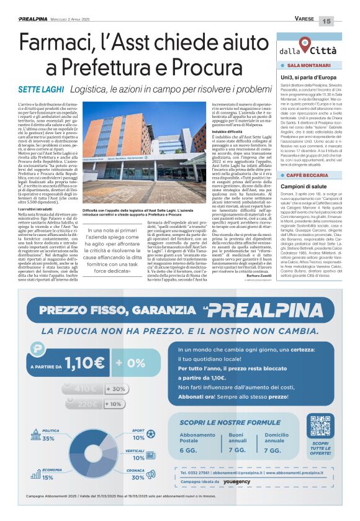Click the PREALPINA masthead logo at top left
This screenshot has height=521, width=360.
click(36, 19)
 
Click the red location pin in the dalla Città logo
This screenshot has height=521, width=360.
click(304, 43)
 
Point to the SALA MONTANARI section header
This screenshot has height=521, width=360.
click(308, 65)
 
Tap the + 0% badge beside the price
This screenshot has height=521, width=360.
click(127, 361)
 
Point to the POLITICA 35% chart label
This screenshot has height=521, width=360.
click(47, 435)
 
